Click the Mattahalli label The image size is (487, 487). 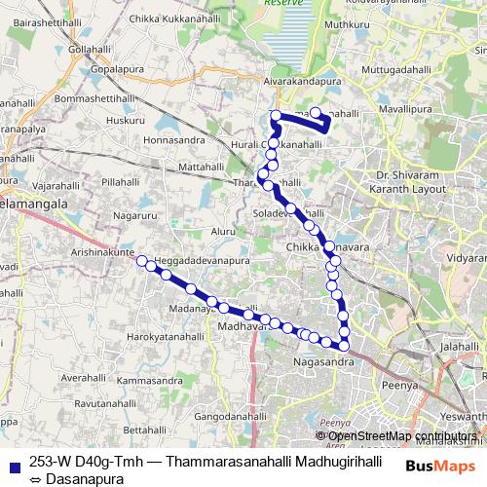(202, 168)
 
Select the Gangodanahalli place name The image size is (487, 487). (230, 416)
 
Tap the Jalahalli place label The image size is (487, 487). (461, 346)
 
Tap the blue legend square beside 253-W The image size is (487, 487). (14, 463)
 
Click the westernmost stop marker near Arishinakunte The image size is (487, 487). (141, 260)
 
